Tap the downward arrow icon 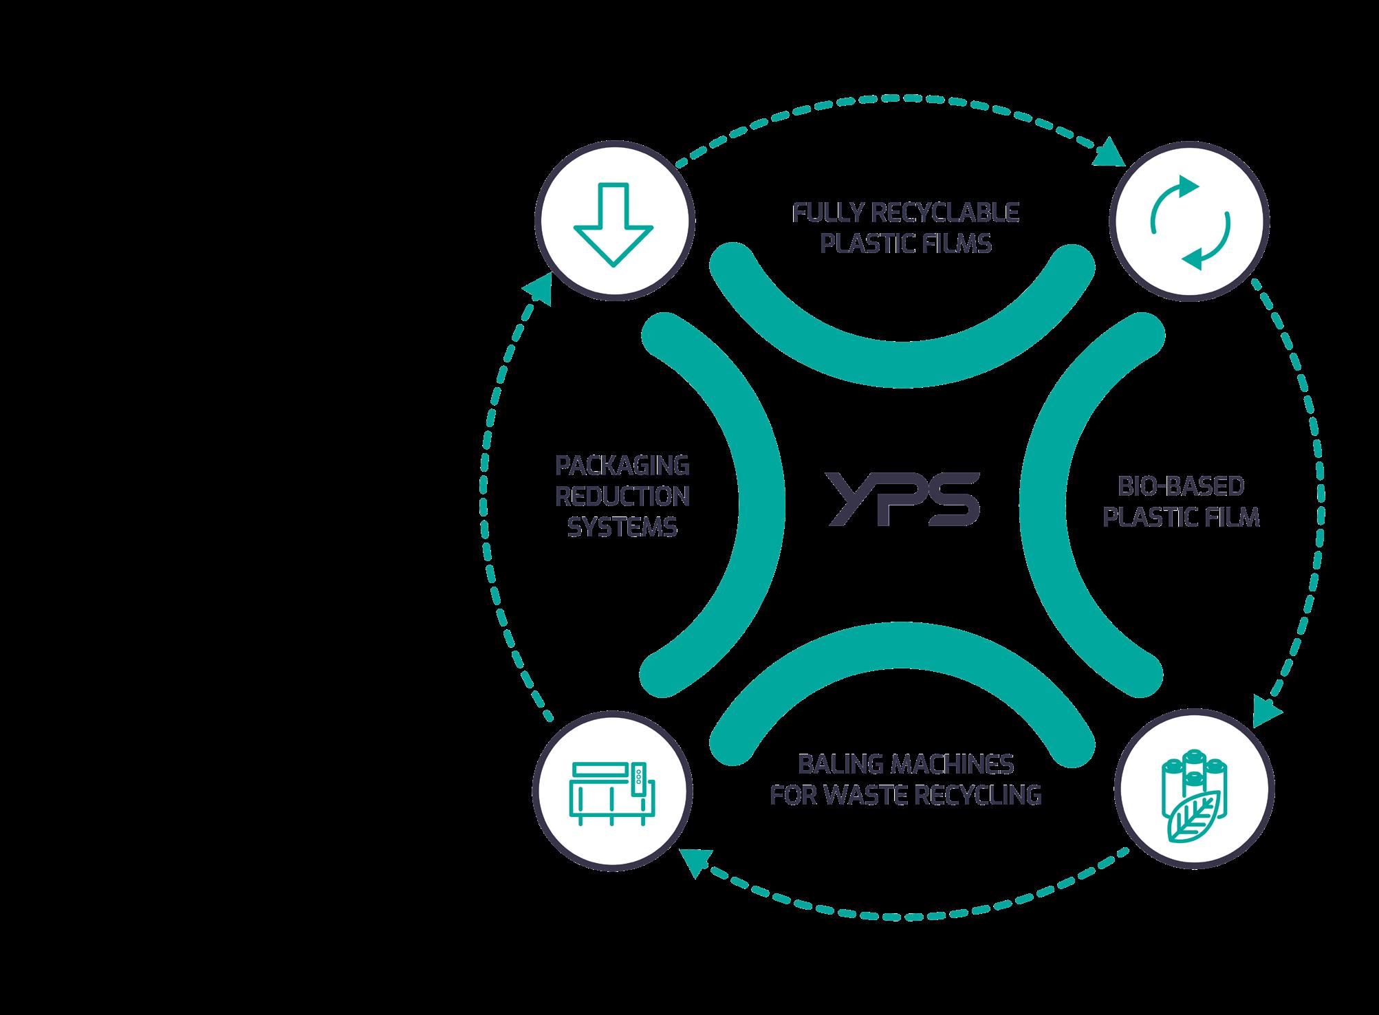(x=614, y=223)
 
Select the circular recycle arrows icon (x=1190, y=221)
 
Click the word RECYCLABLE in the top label (x=945, y=212)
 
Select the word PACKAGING (x=622, y=466)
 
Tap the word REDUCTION (x=622, y=496)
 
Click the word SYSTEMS (x=622, y=527)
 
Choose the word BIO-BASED (x=1180, y=486)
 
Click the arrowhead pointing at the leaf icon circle (x=1267, y=712)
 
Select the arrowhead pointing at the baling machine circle (x=692, y=861)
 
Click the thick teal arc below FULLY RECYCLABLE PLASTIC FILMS (x=902, y=358)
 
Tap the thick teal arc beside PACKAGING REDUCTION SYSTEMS (x=757, y=495)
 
